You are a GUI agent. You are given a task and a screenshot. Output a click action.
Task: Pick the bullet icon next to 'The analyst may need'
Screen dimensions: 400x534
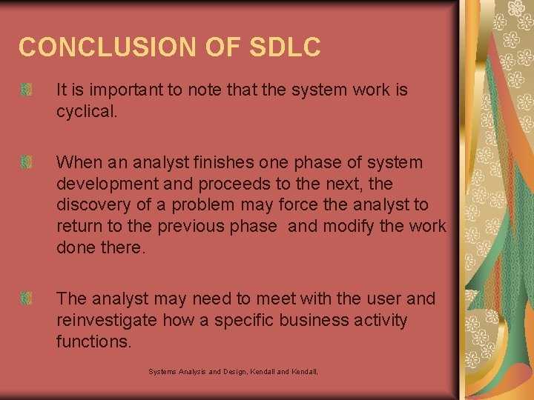click(27, 299)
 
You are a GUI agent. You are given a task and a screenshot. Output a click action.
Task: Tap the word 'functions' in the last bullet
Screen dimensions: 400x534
click(93, 341)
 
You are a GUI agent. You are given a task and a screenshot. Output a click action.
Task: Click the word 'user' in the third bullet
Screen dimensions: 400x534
click(385, 299)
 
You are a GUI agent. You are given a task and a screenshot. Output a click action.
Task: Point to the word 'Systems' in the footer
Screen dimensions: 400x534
click(163, 371)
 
